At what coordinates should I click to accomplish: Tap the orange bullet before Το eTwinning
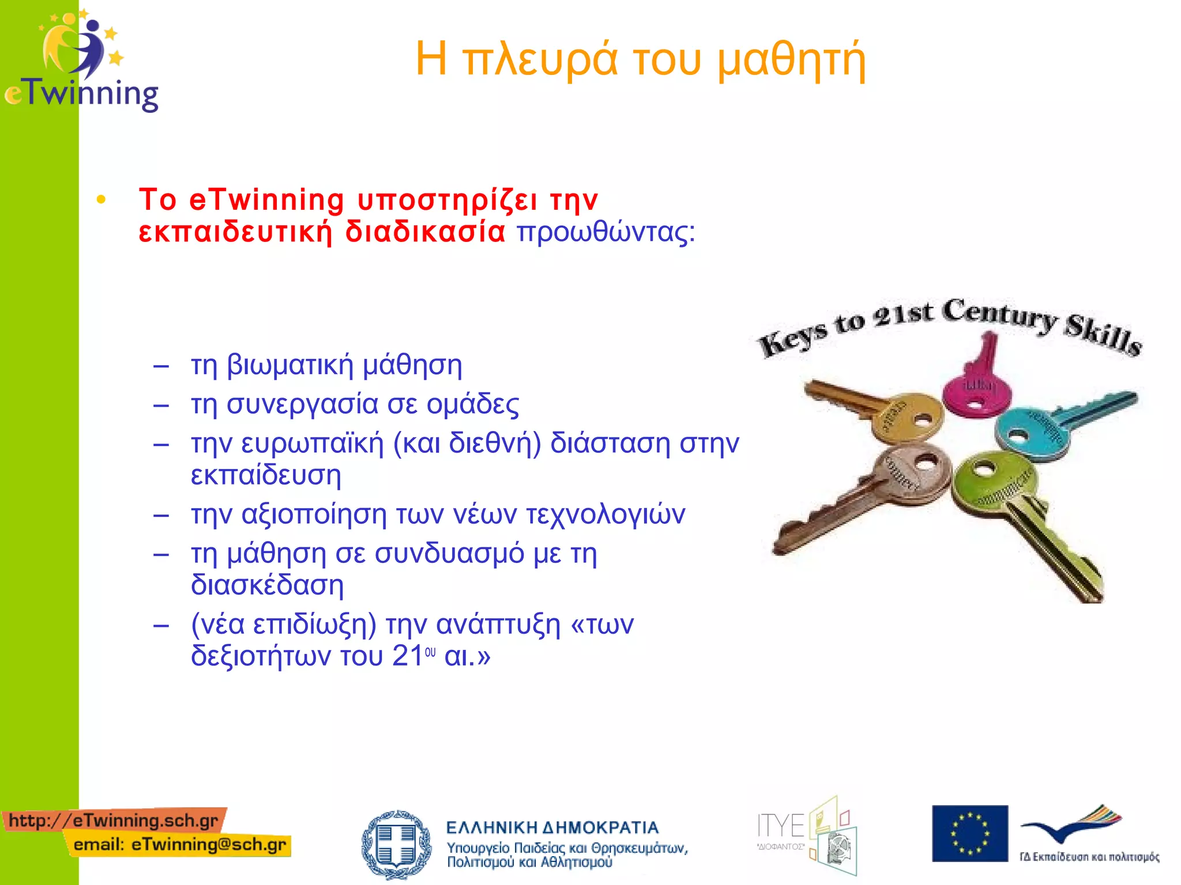(x=101, y=200)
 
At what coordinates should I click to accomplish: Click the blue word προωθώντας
(x=605, y=232)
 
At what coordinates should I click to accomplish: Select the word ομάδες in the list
(x=472, y=404)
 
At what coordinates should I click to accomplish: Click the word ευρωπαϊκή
(x=312, y=443)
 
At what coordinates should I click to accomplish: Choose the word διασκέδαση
(x=267, y=585)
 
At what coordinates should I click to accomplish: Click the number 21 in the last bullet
(x=408, y=656)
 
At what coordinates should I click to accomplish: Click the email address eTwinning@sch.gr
(x=208, y=845)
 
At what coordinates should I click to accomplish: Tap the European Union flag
(x=969, y=833)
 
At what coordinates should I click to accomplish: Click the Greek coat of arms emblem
(x=396, y=844)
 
